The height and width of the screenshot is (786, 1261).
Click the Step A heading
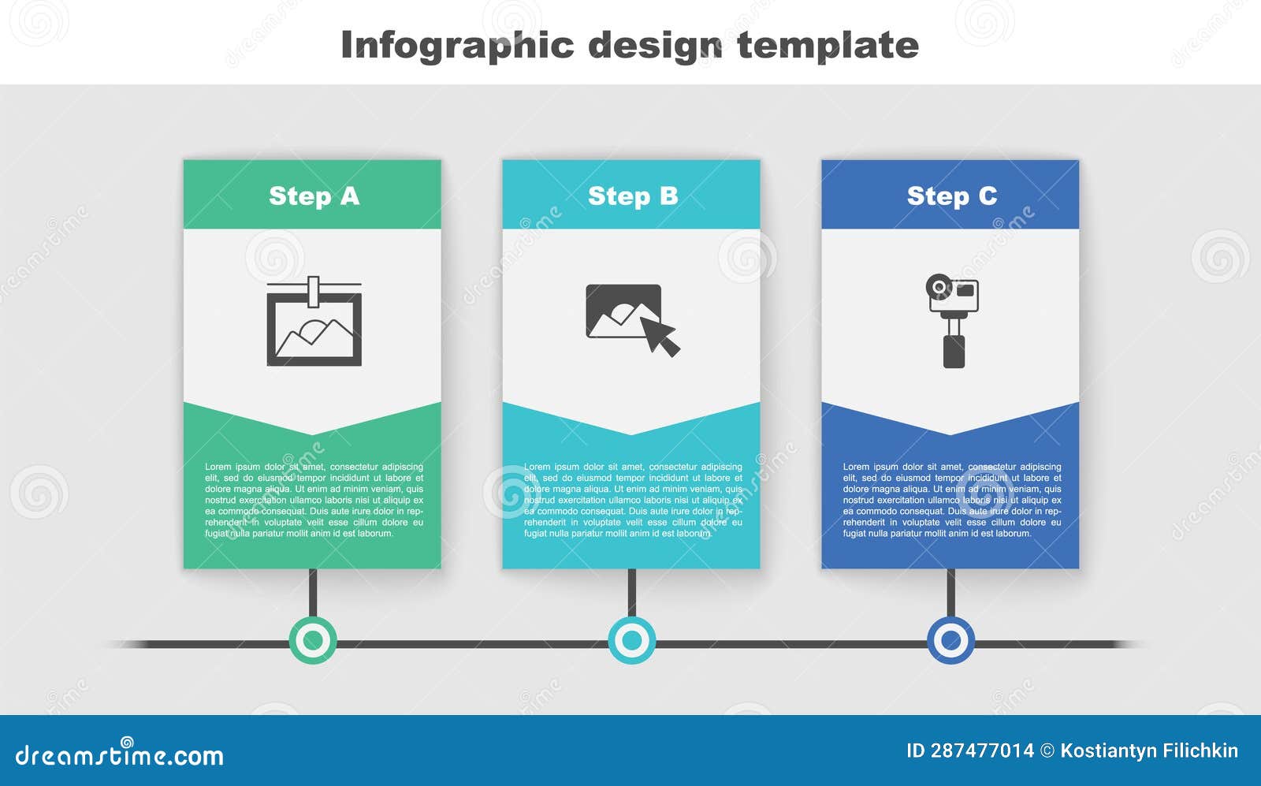pos(314,196)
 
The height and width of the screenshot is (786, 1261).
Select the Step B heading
pos(633,196)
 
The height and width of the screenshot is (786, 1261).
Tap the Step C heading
pos(952,196)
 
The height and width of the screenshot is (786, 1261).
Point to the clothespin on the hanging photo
pos(314,291)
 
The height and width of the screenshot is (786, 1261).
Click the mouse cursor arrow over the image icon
pos(660,336)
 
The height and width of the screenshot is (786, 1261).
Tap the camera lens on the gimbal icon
pos(939,287)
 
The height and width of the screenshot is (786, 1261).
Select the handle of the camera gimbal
pos(954,352)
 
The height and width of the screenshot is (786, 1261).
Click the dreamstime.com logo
pos(119,754)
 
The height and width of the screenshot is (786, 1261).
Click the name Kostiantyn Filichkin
pos(1149,751)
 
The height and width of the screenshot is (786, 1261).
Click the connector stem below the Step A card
pos(313,592)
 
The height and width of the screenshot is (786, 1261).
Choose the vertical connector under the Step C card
pos(950,592)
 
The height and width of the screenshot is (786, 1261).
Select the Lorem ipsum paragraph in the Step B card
pos(634,500)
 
